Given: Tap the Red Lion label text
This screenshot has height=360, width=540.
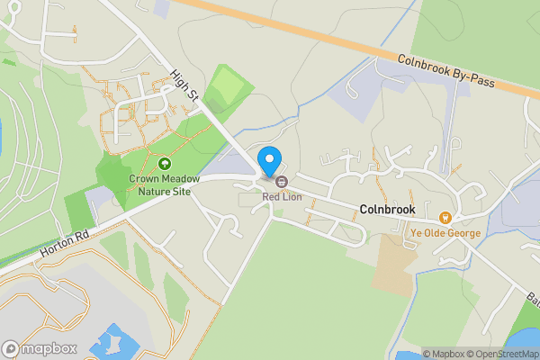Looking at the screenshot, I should pyautogui.click(x=282, y=196).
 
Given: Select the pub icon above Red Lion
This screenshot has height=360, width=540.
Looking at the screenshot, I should pyautogui.click(x=282, y=183).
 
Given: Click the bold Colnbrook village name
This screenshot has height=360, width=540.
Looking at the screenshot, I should pyautogui.click(x=387, y=209).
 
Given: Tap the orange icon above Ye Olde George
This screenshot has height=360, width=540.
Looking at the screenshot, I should pyautogui.click(x=444, y=218).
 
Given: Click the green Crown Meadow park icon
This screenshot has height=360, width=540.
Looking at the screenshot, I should pyautogui.click(x=165, y=164).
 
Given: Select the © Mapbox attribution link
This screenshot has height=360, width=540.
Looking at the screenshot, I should pyautogui.click(x=447, y=354).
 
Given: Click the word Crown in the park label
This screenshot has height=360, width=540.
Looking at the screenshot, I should pyautogui.click(x=143, y=178).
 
